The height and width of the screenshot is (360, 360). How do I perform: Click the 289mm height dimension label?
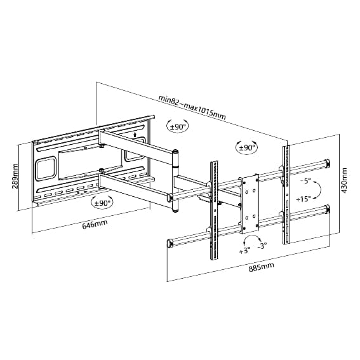click(x=15, y=176)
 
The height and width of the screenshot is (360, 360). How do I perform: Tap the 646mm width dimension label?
click(x=95, y=223)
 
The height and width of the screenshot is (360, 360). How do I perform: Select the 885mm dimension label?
click(x=262, y=267)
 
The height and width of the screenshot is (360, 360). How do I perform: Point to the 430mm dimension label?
click(x=344, y=180)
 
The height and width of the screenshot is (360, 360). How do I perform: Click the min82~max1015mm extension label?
click(x=192, y=107)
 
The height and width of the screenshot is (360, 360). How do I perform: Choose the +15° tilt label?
click(x=303, y=199)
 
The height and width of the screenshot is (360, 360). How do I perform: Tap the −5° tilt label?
click(x=305, y=181)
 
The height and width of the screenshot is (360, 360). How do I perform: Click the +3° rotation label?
click(x=244, y=251)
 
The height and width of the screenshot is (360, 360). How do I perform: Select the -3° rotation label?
click(x=262, y=246)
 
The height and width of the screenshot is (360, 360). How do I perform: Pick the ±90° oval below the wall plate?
click(x=102, y=203)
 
